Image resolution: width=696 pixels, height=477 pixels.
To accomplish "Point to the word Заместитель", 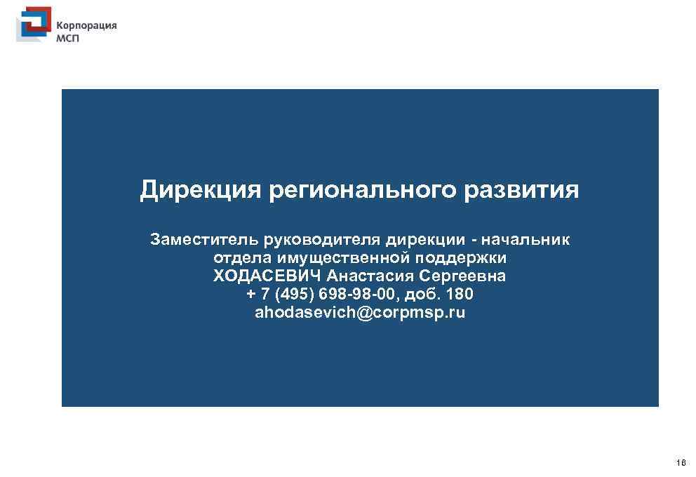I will coord(204,241).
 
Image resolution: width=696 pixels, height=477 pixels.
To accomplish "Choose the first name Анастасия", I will coord(372,276).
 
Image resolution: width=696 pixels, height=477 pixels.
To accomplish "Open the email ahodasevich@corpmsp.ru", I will coord(360,312).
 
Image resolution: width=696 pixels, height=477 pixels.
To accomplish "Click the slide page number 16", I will coord(681,464).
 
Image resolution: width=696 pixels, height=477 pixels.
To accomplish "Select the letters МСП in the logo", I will coord(68,39).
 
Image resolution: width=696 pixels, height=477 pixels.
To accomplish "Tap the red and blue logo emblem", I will coord(33,26).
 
